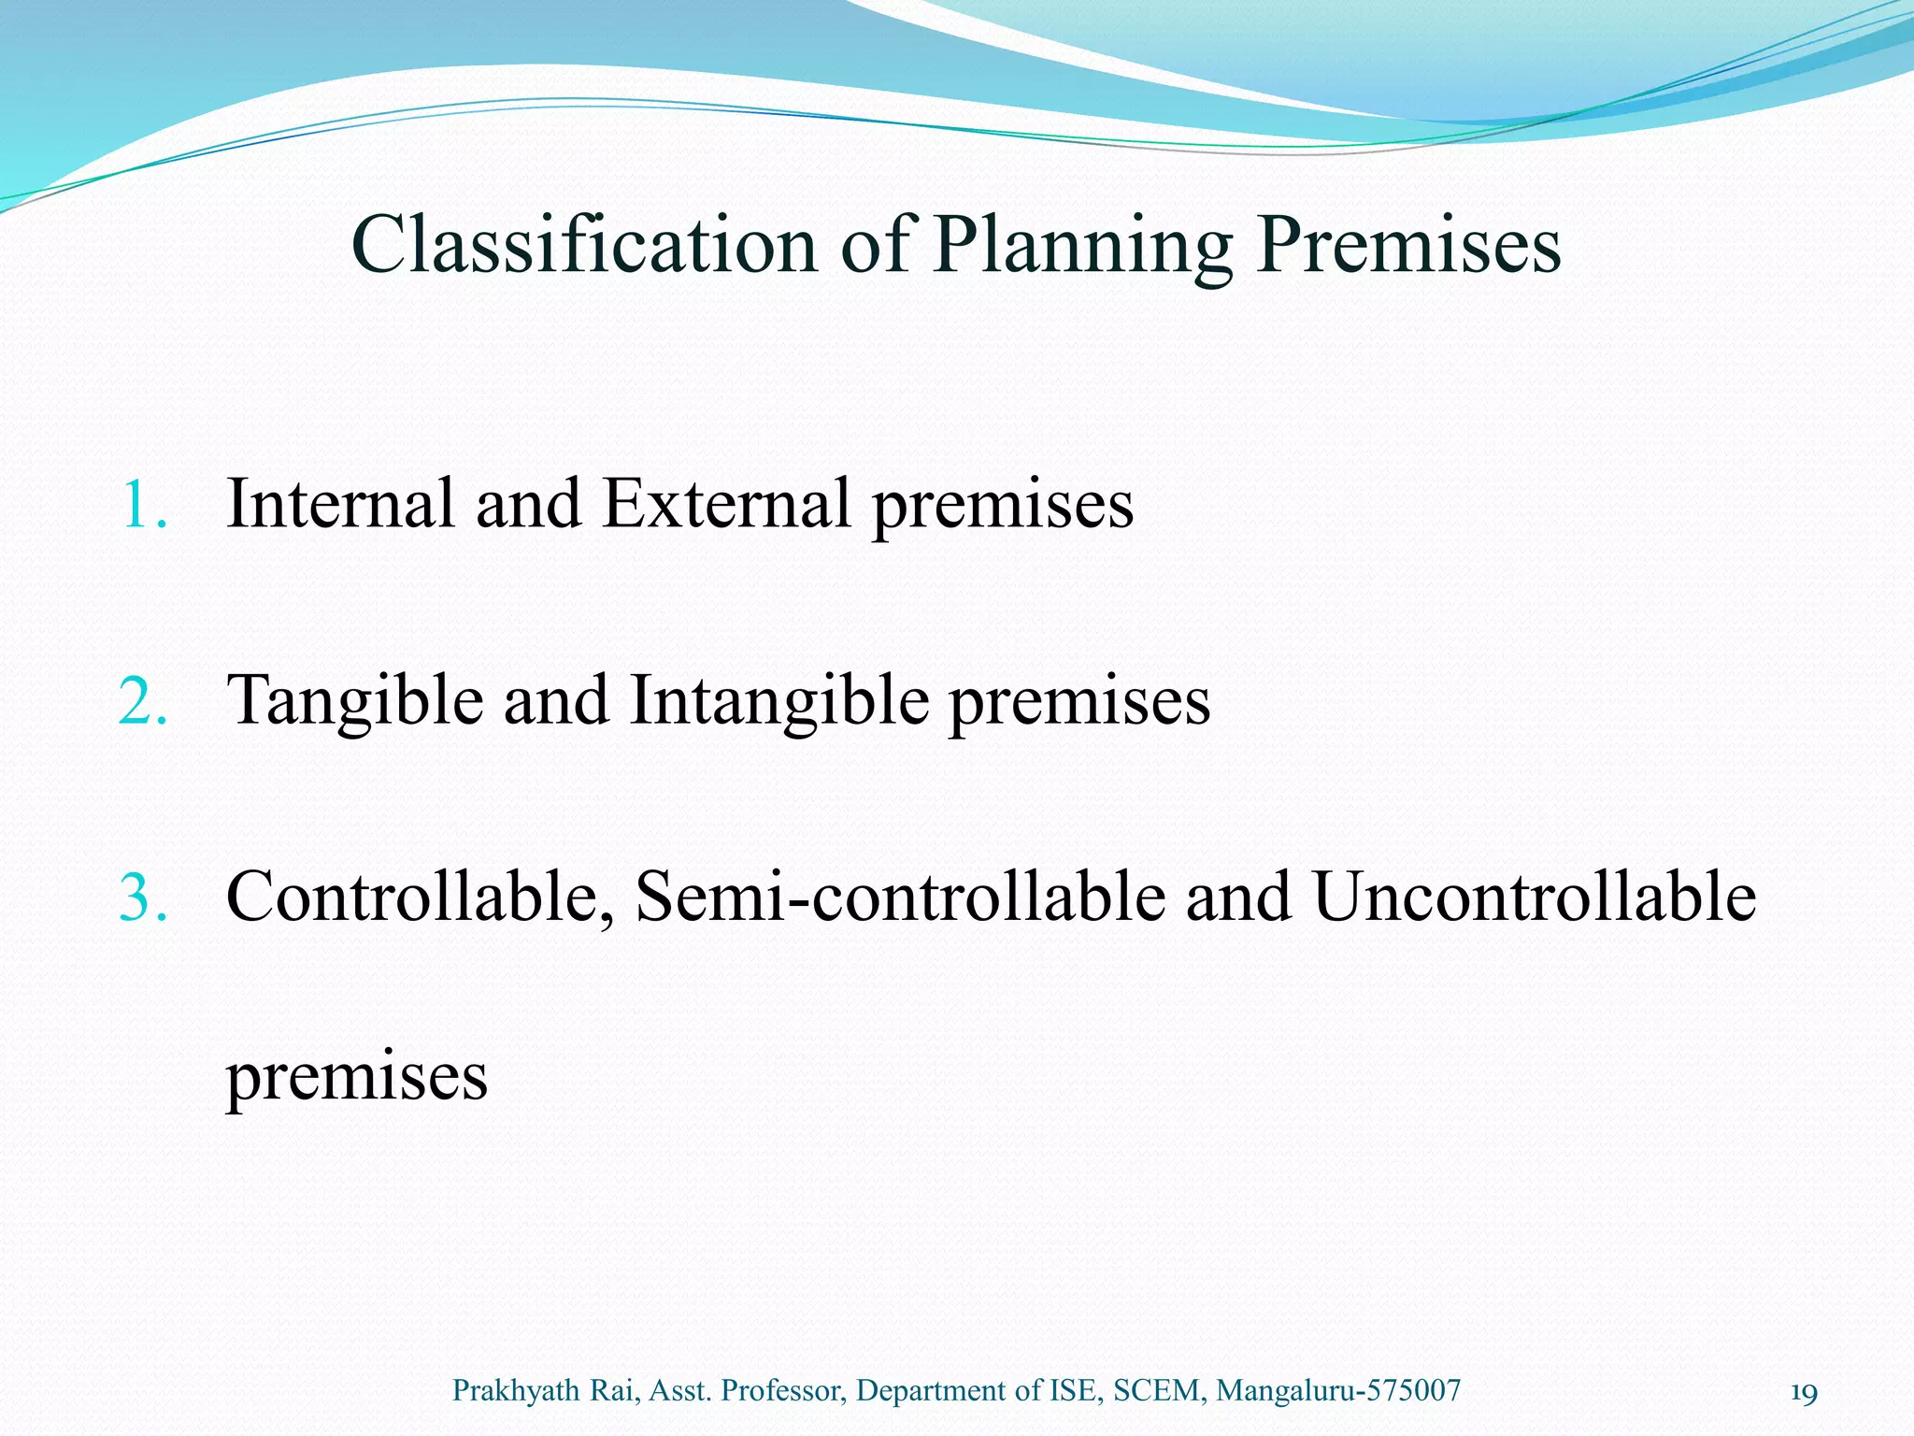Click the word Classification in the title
pyautogui.click(x=583, y=245)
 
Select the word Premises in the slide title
pyautogui.click(x=1408, y=245)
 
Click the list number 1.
pyautogui.click(x=142, y=505)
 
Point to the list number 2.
pyautogui.click(x=142, y=701)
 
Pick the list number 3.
pyautogui.click(x=142, y=897)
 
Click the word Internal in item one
pyautogui.click(x=340, y=505)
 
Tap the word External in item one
pyautogui.click(x=725, y=505)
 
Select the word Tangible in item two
pyautogui.click(x=355, y=701)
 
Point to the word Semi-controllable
pyautogui.click(x=899, y=897)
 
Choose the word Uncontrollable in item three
pyautogui.click(x=1534, y=897)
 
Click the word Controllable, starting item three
pyautogui.click(x=420, y=897)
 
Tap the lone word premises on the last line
pyautogui.click(x=356, y=1077)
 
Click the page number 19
pyautogui.click(x=1803, y=1393)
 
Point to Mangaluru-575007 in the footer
pyautogui.click(x=1338, y=1391)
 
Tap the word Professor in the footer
pyautogui.click(x=784, y=1391)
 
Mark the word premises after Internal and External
pyautogui.click(x=1003, y=505)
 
